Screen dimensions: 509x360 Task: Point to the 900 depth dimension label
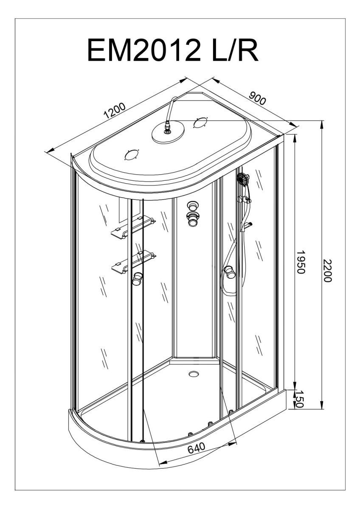pos(257,99)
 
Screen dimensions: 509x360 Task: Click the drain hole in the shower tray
pos(194,374)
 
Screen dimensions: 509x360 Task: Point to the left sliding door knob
pos(137,279)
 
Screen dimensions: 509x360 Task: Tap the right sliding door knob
pos(230,271)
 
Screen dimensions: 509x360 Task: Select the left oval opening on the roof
pos(132,155)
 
